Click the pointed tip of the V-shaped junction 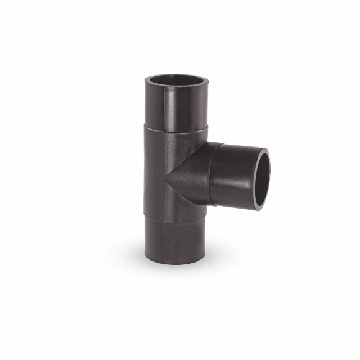(x=166, y=180)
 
